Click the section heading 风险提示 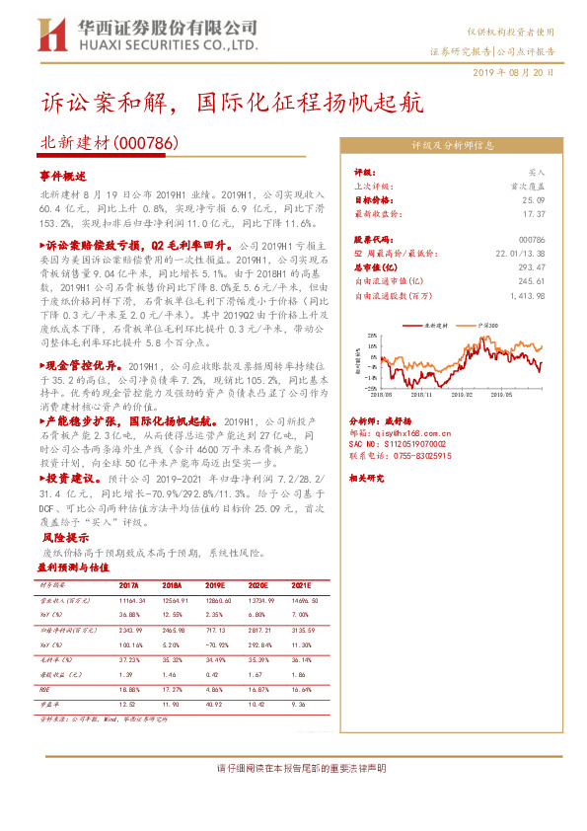(x=66, y=539)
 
